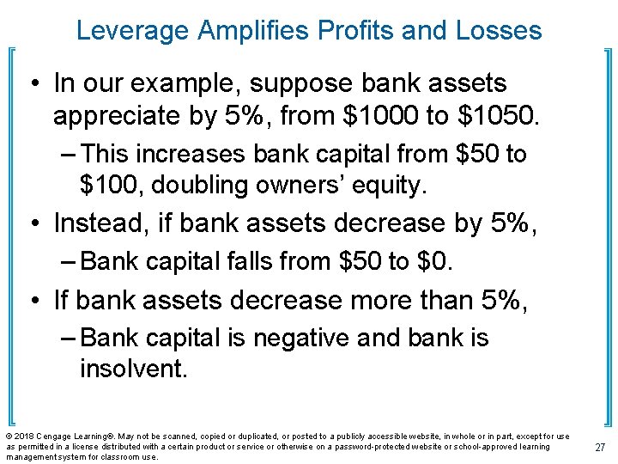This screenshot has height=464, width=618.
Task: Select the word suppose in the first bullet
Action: pos(285,83)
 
